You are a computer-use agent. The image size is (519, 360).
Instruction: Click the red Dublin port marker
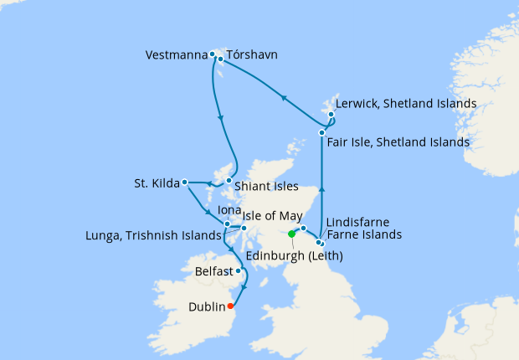pos(231,306)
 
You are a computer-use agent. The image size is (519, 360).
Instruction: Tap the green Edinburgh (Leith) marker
pos(291,234)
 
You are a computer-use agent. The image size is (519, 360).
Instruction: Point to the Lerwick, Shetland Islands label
pos(406,104)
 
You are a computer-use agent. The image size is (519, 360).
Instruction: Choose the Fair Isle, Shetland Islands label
pos(398,143)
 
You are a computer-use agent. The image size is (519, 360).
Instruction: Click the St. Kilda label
pos(157,183)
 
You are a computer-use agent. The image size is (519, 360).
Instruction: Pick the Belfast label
pos(214,272)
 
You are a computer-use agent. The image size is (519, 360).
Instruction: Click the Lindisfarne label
pos(358,222)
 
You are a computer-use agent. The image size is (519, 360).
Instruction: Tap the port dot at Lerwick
pos(331,115)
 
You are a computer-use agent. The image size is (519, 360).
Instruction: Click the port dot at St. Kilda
pos(185,182)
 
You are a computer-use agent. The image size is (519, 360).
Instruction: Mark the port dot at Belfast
pos(239,270)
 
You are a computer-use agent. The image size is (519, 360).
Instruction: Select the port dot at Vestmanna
pos(213,55)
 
